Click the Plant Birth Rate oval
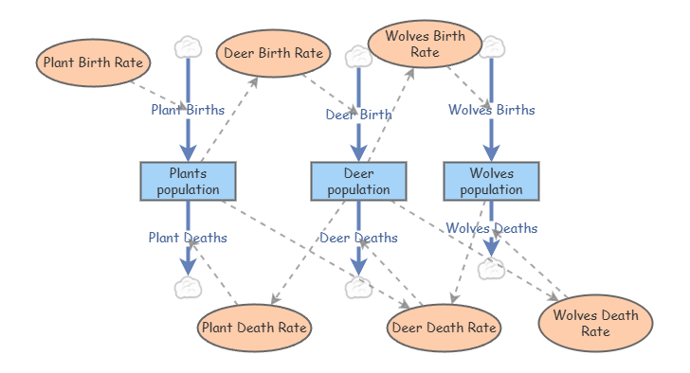coord(93,62)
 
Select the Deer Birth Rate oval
coord(273,53)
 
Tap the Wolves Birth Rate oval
coord(425,44)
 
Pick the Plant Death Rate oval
coord(254,328)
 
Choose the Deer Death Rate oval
coord(444,328)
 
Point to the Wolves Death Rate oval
coord(596,323)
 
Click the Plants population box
coord(188,181)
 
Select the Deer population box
coord(358,181)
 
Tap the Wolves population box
coord(492,181)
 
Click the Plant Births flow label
coord(188,110)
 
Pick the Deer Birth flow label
coord(358,115)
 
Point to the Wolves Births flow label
coord(492,110)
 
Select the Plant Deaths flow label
coord(188,238)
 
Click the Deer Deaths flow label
coord(358,238)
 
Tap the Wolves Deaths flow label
coord(492,228)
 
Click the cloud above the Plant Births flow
coord(188,47)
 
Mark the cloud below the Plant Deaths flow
coord(188,288)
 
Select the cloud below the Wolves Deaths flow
coord(492,269)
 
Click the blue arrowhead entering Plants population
coord(188,152)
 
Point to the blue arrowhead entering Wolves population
coord(492,152)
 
